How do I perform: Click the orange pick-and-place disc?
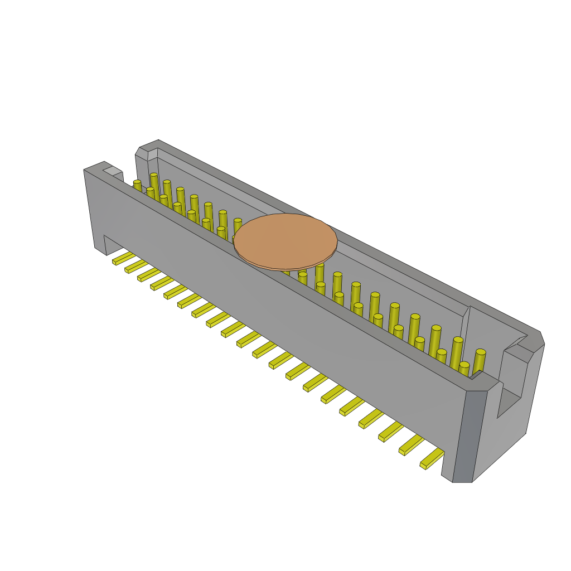(285, 241)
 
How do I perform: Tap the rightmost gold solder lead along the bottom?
(432, 459)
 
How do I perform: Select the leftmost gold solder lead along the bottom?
(123, 258)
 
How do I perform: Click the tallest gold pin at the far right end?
(479, 362)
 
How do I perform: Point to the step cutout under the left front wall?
(112, 244)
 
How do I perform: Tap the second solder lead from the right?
(410, 445)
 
